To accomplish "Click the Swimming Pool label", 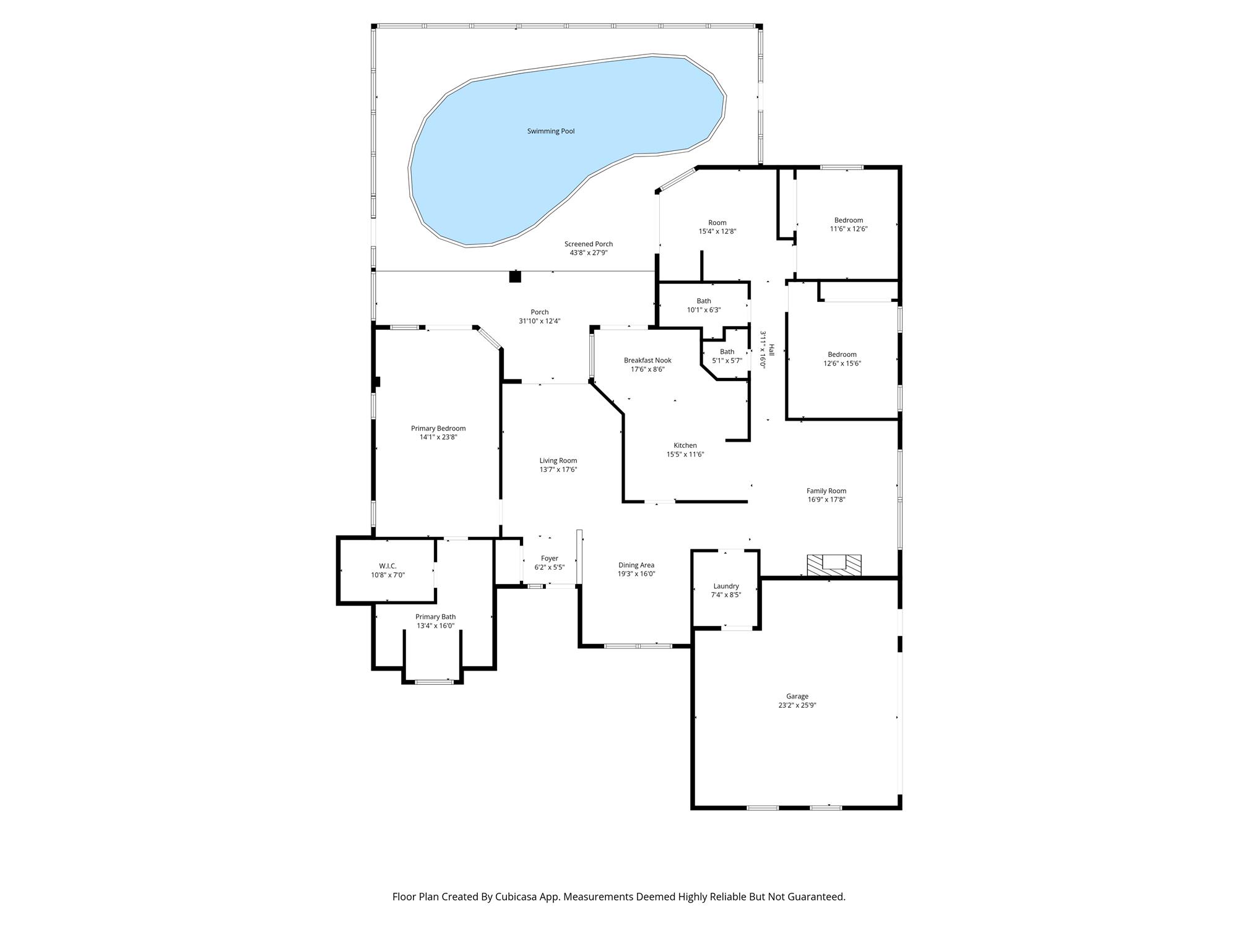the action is click(551, 131).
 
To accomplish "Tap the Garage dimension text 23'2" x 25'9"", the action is click(797, 705).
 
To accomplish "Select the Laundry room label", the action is click(726, 586).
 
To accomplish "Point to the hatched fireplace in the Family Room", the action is click(834, 565).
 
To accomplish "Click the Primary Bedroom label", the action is click(438, 428).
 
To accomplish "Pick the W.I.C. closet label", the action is click(387, 566).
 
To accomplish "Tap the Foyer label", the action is click(550, 558).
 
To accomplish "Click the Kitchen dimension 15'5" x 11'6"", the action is click(685, 454).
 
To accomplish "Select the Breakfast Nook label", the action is click(647, 360).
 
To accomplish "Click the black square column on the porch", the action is click(515, 277).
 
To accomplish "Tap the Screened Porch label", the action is click(589, 244).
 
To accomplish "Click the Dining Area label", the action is click(636, 565).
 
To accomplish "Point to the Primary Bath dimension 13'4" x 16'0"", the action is click(436, 625).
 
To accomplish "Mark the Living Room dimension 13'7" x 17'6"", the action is click(558, 470).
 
